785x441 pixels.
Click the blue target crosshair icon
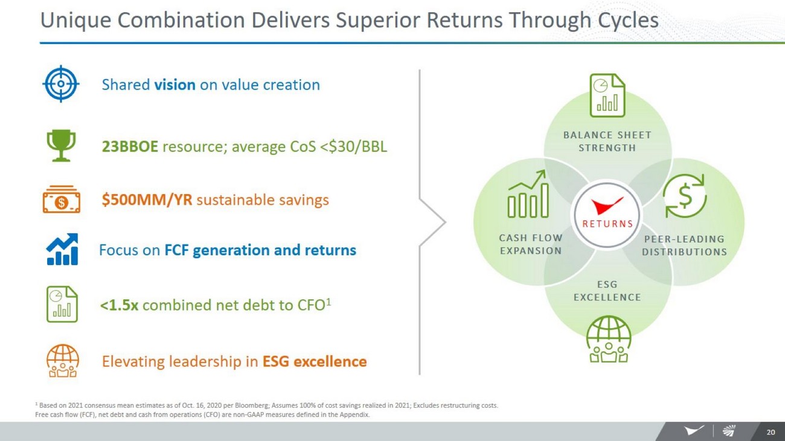61,84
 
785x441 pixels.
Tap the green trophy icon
62,145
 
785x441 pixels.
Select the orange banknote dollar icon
62,200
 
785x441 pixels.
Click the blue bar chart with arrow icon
62,249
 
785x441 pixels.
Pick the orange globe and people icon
63,361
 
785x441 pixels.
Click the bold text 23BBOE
130,147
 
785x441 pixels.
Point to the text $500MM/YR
147,200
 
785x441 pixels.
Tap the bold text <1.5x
119,305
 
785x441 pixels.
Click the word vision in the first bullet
175,84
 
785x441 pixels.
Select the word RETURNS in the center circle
607,224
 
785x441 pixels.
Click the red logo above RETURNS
607,206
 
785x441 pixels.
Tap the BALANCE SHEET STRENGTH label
607,141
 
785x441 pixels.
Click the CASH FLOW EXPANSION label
531,244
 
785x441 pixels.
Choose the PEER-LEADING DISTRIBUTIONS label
684,246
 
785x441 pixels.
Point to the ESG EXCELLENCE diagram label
607,291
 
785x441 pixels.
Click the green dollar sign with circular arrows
685,196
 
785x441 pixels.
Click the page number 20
771,432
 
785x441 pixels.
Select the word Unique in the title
75,21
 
